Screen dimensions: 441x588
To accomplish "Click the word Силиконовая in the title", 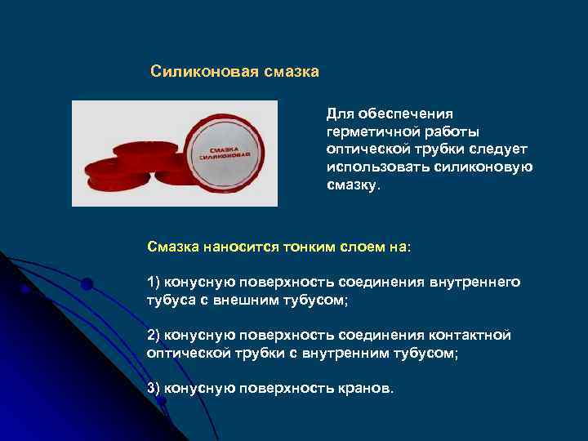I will coord(204,72).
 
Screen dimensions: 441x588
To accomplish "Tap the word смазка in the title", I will coord(291,72).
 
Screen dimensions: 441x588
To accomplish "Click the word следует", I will coord(500,149).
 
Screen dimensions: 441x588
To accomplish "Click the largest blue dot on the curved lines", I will coord(87,283).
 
